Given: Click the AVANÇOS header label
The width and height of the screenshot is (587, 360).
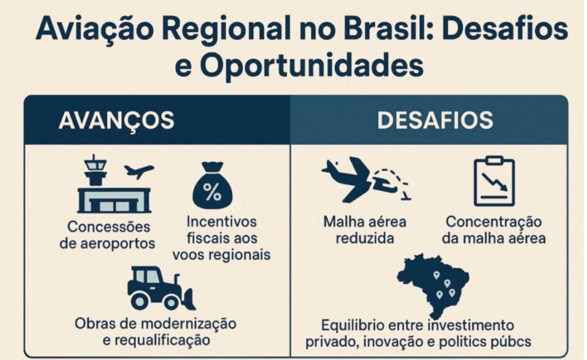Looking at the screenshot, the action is (x=116, y=120).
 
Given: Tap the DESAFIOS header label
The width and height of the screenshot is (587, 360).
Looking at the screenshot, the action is (x=435, y=120).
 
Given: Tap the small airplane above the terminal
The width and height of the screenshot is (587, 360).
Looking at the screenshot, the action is (x=139, y=171).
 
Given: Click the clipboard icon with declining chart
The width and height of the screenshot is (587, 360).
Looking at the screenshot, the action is (x=494, y=182).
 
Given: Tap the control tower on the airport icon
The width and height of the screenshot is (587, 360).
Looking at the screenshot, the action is (x=95, y=171).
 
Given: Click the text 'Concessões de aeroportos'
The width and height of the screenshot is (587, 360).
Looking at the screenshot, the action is (x=108, y=235).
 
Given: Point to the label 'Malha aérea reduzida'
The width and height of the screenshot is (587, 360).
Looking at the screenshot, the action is (x=365, y=230).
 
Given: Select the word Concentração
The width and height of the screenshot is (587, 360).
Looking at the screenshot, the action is (x=494, y=222).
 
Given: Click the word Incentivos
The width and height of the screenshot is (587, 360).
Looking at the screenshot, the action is (x=222, y=221).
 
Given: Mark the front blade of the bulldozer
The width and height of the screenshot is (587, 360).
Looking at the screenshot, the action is (x=189, y=299).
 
